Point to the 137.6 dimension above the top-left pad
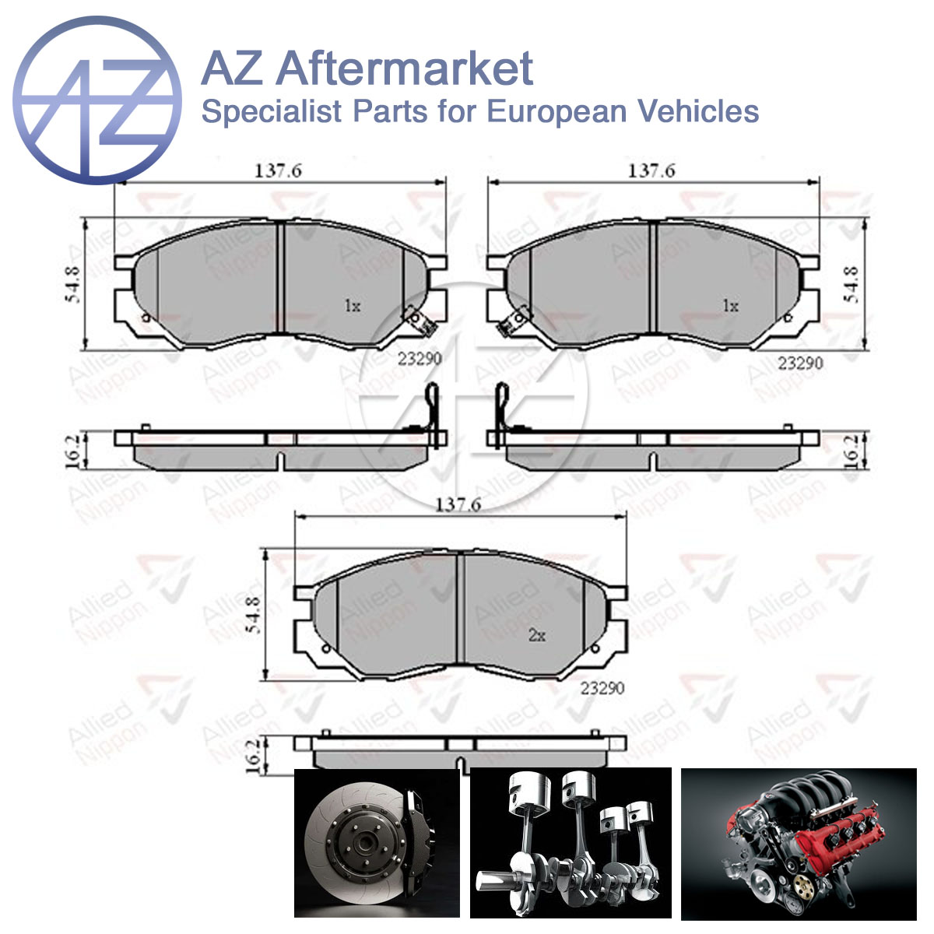(278, 171)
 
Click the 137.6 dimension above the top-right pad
(651, 171)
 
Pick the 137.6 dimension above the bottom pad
(458, 506)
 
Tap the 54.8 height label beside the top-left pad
(73, 285)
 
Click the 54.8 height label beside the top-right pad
(851, 285)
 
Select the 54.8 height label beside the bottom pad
(254, 615)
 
